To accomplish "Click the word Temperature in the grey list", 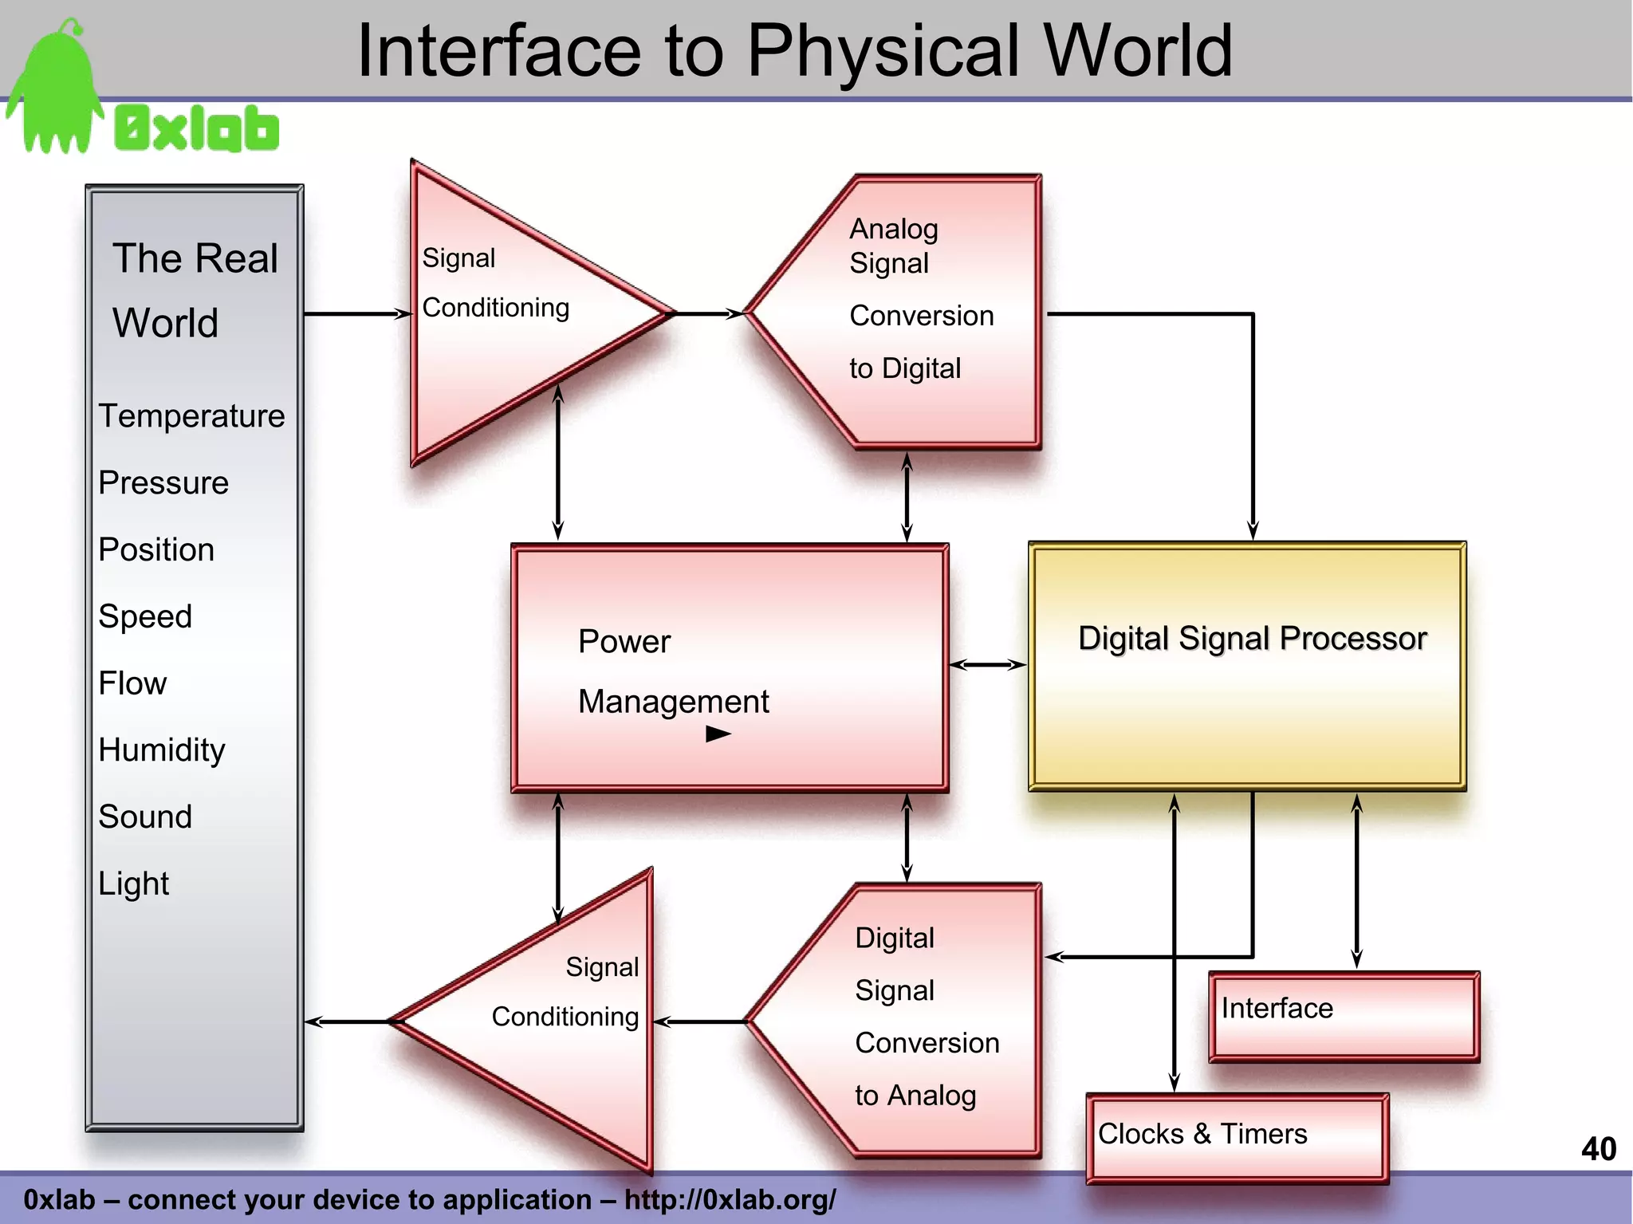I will click(x=191, y=416).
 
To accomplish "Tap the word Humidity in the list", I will click(x=162, y=750).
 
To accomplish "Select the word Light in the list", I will click(x=134, y=884).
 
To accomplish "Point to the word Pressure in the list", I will click(x=163, y=483).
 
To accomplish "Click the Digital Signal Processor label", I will click(x=1251, y=639).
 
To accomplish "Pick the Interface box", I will click(x=1344, y=1016).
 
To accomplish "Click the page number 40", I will click(x=1598, y=1149).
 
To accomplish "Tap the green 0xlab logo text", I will click(x=197, y=128).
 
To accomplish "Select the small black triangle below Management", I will click(x=717, y=734).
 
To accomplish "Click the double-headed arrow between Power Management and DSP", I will click(x=988, y=664).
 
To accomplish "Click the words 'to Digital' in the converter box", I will click(x=905, y=368).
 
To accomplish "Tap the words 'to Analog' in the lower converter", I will click(x=915, y=1096).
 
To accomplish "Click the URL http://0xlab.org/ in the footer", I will click(x=730, y=1199).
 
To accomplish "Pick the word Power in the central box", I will click(x=624, y=642).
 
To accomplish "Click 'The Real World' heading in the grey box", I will click(x=195, y=290).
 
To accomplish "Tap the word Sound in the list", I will click(x=145, y=817).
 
